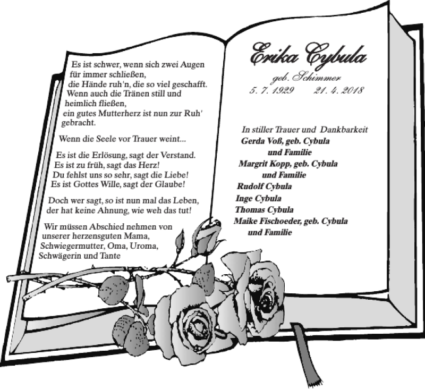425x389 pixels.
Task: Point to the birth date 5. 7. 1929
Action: click(x=271, y=90)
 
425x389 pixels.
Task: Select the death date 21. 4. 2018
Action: click(x=338, y=90)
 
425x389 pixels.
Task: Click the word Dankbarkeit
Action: click(x=344, y=130)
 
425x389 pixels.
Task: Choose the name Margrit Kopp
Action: click(x=265, y=164)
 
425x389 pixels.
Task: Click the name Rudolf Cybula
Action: click(x=264, y=187)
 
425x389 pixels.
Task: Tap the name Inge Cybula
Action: click(x=258, y=198)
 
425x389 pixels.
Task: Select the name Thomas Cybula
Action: click(x=264, y=210)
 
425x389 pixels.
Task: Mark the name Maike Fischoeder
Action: click(x=268, y=221)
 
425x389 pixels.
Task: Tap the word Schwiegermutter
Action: click(x=73, y=246)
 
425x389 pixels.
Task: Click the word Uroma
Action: click(x=143, y=246)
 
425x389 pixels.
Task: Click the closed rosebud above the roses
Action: click(x=207, y=234)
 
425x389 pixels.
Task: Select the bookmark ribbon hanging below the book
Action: click(x=307, y=351)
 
